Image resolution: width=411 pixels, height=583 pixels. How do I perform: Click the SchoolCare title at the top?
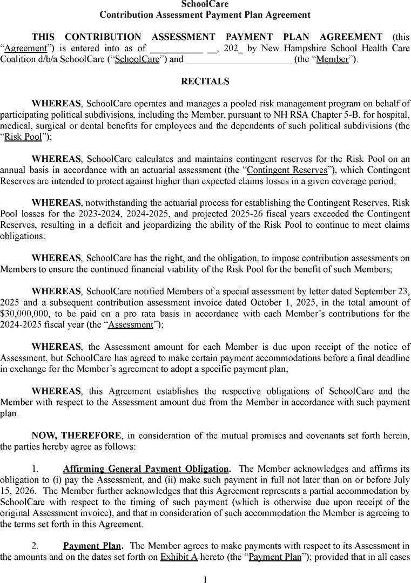(205, 4)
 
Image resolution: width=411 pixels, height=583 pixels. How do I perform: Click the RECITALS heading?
(205, 82)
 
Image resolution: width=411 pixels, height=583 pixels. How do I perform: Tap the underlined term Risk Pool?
(23, 137)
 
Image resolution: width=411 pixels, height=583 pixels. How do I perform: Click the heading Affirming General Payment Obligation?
(146, 469)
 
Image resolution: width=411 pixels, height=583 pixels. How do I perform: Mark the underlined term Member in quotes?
(332, 59)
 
